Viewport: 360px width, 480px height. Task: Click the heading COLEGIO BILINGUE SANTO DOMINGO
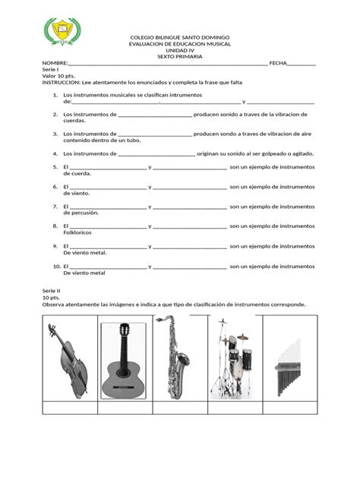click(180, 37)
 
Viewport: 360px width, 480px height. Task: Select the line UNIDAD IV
click(180, 51)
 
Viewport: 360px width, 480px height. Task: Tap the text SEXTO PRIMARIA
click(180, 58)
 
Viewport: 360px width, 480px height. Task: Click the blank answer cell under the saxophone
click(179, 409)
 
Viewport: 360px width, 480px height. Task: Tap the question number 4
click(55, 153)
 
